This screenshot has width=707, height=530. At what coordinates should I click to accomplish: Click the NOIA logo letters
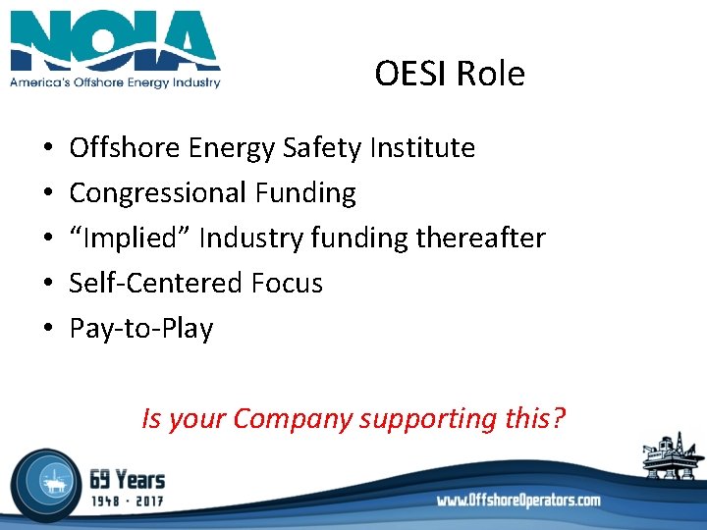(115, 41)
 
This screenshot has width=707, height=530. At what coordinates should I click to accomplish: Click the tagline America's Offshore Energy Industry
(115, 82)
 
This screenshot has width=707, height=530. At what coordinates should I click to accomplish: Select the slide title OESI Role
(450, 74)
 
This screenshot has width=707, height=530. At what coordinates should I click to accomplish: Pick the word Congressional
(158, 193)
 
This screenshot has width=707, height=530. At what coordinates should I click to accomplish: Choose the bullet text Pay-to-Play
(141, 328)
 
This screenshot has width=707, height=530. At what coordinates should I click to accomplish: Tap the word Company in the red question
(293, 419)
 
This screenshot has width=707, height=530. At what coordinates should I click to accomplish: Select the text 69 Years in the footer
(128, 480)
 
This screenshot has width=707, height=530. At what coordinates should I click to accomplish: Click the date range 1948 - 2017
(128, 503)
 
